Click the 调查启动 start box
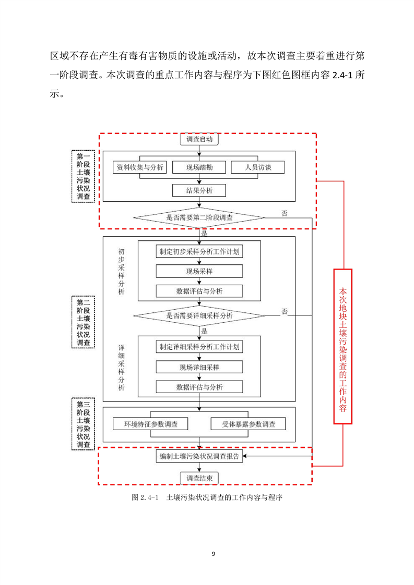pyautogui.click(x=199, y=139)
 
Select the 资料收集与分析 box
pyautogui.click(x=140, y=167)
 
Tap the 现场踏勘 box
pyautogui.click(x=199, y=167)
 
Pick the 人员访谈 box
pyautogui.click(x=258, y=167)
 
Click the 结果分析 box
pyautogui.click(x=199, y=191)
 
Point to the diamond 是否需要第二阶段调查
pyautogui.click(x=199, y=217)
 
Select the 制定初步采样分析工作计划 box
pyautogui.click(x=199, y=251)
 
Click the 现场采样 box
pyautogui.click(x=199, y=271)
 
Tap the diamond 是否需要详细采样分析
pyautogui.click(x=199, y=315)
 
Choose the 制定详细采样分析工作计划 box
pyautogui.click(x=199, y=347)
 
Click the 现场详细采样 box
pyautogui.click(x=199, y=367)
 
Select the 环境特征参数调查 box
pyautogui.click(x=150, y=424)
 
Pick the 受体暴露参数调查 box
pyautogui.click(x=249, y=424)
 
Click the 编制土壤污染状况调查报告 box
pyautogui.click(x=199, y=456)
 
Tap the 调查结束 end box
pyautogui.click(x=199, y=478)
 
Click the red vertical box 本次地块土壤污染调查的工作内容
pyautogui.click(x=342, y=346)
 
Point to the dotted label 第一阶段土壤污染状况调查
pyautogui.click(x=84, y=176)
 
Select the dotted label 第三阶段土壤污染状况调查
pyautogui.click(x=84, y=424)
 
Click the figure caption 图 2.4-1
pyautogui.click(x=145, y=497)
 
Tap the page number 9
pyautogui.click(x=214, y=554)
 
